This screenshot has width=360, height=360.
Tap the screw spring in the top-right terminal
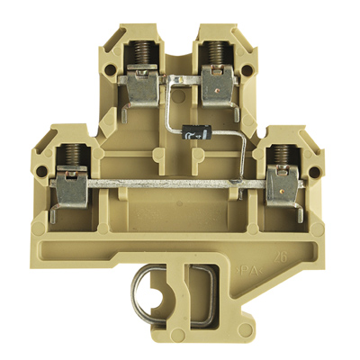point(216,58)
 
